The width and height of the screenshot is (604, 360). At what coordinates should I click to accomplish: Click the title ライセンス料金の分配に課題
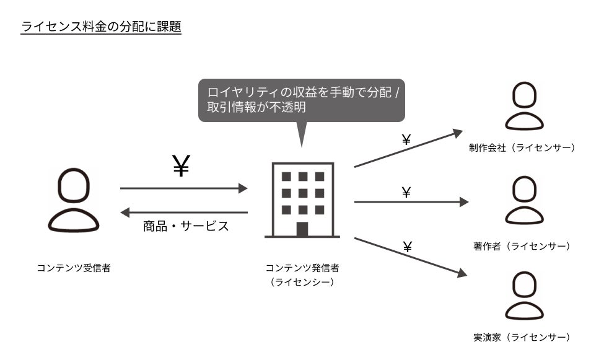coord(101,27)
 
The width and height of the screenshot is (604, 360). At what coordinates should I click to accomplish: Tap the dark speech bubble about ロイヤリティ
coord(301,99)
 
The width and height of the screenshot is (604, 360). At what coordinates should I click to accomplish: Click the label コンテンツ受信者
coord(74,268)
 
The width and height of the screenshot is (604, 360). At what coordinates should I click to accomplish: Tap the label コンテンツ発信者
coord(302,268)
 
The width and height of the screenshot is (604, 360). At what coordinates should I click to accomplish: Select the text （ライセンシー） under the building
coord(302,282)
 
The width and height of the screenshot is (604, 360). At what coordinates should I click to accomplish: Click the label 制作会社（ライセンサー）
coord(523,147)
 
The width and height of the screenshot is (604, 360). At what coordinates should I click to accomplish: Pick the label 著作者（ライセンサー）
coord(522,247)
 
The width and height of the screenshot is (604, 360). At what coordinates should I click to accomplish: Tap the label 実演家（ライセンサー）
coord(522,338)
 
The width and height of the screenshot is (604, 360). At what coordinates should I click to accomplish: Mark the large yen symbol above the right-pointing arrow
coord(180,167)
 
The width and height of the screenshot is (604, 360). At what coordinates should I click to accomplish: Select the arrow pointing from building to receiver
coord(184,213)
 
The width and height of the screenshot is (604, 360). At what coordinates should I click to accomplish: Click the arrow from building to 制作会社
coord(408,149)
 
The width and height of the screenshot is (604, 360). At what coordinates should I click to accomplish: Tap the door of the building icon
coord(302,229)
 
